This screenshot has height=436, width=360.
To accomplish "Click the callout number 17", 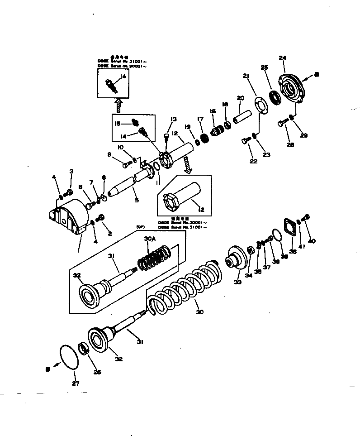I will (200, 120).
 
